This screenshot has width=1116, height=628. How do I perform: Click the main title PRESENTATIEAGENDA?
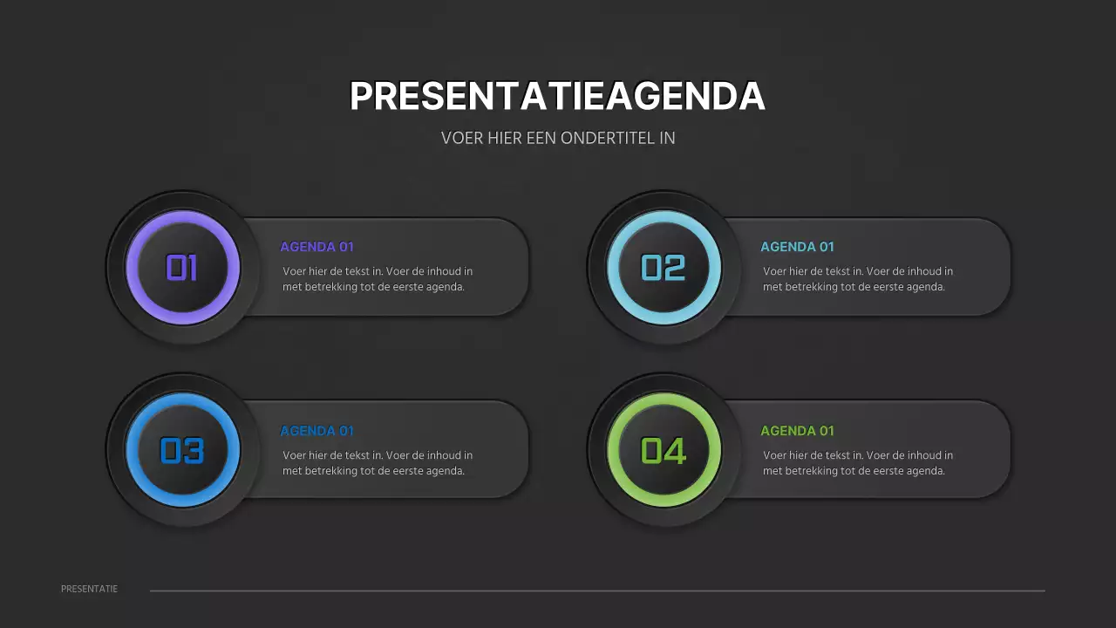(x=557, y=96)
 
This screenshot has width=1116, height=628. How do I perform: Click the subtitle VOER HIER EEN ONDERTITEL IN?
(x=558, y=138)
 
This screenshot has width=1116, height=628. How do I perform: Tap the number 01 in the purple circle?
(x=182, y=268)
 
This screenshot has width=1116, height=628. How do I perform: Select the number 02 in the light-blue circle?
(x=663, y=268)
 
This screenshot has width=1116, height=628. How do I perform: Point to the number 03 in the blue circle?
(x=182, y=451)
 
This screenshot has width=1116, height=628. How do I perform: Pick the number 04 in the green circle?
(x=663, y=451)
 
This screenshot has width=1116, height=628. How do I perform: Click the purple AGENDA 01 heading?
(x=316, y=247)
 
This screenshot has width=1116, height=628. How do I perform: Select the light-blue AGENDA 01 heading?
(x=797, y=247)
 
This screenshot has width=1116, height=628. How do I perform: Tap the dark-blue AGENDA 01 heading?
(x=316, y=431)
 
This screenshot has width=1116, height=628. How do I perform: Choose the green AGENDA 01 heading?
(x=797, y=431)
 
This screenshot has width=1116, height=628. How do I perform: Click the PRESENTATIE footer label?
(x=89, y=589)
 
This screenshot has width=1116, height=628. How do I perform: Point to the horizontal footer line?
(x=597, y=590)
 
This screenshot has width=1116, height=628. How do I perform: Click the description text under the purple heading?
(x=378, y=279)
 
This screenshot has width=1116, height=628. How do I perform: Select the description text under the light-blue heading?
(x=858, y=279)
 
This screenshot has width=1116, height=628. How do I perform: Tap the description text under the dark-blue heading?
(x=378, y=463)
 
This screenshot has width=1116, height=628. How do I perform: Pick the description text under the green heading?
(x=858, y=463)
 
